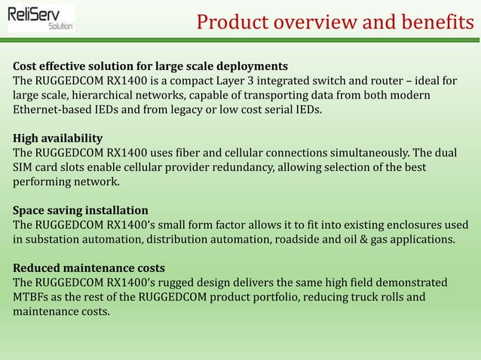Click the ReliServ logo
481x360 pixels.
(x=41, y=18)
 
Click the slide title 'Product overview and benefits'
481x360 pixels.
(x=335, y=23)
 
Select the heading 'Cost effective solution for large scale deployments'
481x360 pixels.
(x=150, y=66)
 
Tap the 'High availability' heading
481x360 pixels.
(x=58, y=139)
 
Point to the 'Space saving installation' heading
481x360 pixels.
(x=81, y=210)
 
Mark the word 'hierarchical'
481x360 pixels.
(x=106, y=96)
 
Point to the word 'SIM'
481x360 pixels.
(x=23, y=167)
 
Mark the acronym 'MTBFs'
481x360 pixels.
(x=32, y=297)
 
